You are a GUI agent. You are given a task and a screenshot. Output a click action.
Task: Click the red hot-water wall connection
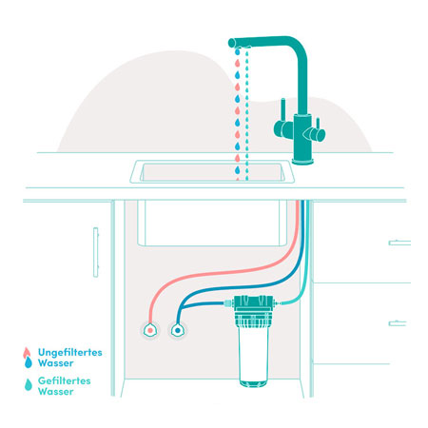point(150,330)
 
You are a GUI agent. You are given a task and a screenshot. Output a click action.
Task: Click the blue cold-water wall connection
point(178,330)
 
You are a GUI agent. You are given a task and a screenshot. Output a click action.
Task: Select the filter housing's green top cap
point(253,303)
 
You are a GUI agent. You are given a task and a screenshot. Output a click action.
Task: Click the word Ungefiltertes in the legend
point(70,353)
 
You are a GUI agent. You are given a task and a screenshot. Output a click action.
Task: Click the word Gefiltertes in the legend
point(65,380)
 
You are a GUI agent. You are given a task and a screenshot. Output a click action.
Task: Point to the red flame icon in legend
point(27,353)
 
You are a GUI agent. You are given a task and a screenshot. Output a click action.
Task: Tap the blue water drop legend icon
point(29,362)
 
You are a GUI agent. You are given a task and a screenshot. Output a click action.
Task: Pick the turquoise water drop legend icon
point(29,384)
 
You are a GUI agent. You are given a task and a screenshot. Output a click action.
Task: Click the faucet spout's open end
point(232,43)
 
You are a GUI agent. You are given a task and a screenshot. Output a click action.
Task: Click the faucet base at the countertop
point(303,162)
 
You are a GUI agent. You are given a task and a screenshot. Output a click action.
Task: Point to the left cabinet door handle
point(96,252)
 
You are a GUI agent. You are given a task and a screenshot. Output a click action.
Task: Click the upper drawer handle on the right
point(399,243)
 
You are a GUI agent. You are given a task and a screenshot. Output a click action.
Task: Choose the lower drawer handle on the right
point(398,323)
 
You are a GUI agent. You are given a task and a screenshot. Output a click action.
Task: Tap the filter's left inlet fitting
point(228,303)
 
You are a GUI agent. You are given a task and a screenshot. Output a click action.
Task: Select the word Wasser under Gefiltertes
point(56,392)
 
